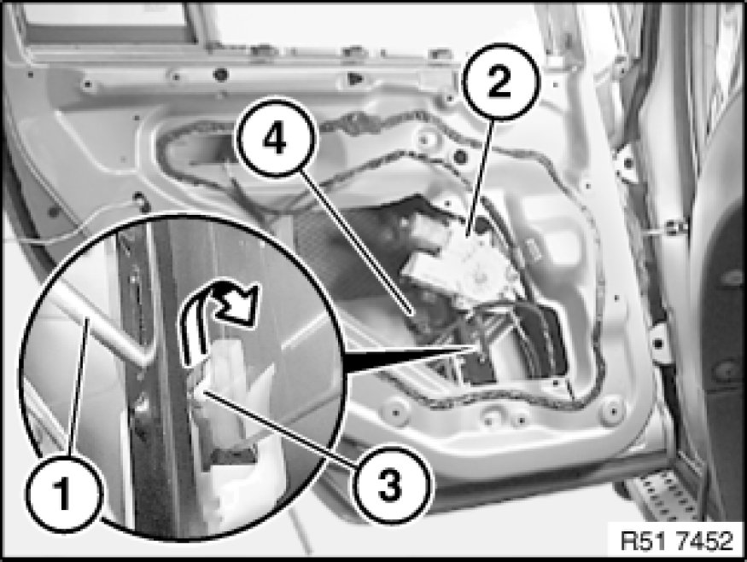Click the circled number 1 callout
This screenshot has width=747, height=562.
pos(64,493)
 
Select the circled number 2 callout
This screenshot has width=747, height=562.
pos(501,82)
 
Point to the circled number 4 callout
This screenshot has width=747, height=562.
pos(277,138)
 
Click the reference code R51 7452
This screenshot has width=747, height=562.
pos(676,541)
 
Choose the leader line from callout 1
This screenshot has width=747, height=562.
pos(79,388)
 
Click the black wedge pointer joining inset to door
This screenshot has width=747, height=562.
pos(410,358)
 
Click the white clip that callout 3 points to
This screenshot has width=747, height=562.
pos(224,376)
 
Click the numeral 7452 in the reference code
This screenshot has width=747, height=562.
pos(705,541)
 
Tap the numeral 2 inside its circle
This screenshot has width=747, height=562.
pos(499,82)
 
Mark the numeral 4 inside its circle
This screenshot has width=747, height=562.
pos(276,138)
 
